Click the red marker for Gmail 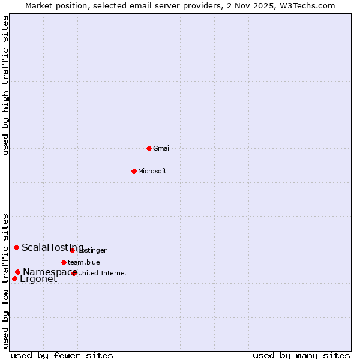(149, 148)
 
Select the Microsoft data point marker (134, 171)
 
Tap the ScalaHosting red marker (17, 247)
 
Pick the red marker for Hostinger (72, 250)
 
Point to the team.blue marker (64, 262)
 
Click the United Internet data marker (74, 273)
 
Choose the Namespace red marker (18, 272)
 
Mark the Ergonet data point (14, 278)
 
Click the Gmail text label (162, 148)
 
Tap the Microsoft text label (152, 171)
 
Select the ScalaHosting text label (53, 247)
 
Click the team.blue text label (84, 262)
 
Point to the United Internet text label (103, 273)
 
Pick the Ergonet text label (38, 279)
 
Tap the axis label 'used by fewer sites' (62, 355)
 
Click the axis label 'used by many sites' (301, 355)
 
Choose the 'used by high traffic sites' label (5, 85)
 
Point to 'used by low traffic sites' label (5, 280)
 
